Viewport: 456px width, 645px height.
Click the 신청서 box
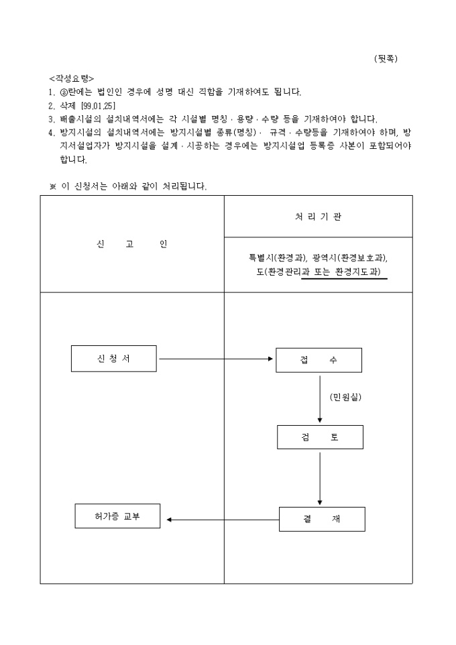click(113, 359)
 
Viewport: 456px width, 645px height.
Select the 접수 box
click(319, 360)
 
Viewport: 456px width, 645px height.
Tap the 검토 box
click(320, 437)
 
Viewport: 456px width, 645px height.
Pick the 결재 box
click(322, 520)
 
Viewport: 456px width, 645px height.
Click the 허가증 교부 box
click(117, 516)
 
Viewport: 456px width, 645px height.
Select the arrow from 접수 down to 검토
click(320, 398)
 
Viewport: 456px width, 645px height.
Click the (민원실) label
click(345, 398)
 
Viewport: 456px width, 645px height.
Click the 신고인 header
click(131, 243)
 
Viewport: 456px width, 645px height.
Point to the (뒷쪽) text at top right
click(386, 58)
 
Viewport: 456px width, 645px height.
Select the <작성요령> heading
click(72, 78)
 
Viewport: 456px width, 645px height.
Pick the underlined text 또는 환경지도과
click(345, 272)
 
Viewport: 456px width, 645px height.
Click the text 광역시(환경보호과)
click(350, 258)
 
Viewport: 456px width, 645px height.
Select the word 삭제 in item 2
click(68, 105)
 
